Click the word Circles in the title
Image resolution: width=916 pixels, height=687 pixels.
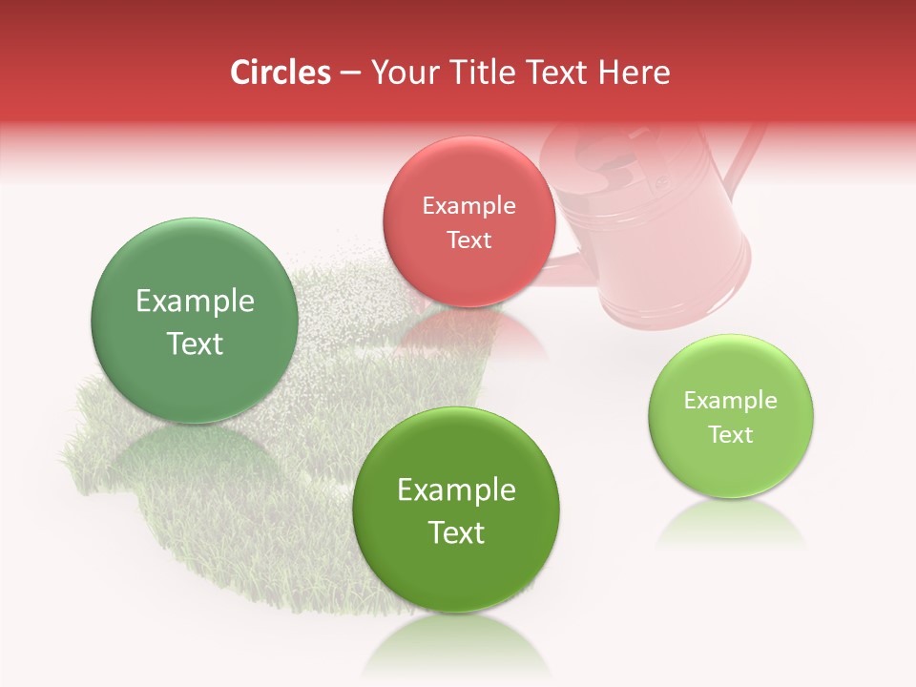(x=280, y=73)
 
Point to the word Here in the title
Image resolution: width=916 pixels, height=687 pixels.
(x=636, y=73)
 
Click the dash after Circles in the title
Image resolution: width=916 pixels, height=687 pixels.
(x=349, y=73)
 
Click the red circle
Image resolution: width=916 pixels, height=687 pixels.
(x=468, y=221)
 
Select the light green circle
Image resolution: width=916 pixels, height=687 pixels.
(x=730, y=416)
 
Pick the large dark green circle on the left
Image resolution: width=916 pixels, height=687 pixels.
(x=195, y=321)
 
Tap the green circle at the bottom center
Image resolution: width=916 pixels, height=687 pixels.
(x=456, y=510)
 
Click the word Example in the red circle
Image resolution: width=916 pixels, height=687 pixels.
(x=468, y=205)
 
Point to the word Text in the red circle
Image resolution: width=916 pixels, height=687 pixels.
(x=468, y=239)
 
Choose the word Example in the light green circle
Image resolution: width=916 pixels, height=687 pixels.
(x=730, y=400)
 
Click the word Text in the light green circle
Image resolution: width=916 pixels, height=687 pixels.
(x=730, y=434)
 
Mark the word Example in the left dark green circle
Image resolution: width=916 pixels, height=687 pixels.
(x=195, y=302)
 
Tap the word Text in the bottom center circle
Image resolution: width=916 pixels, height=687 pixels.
(x=456, y=531)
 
